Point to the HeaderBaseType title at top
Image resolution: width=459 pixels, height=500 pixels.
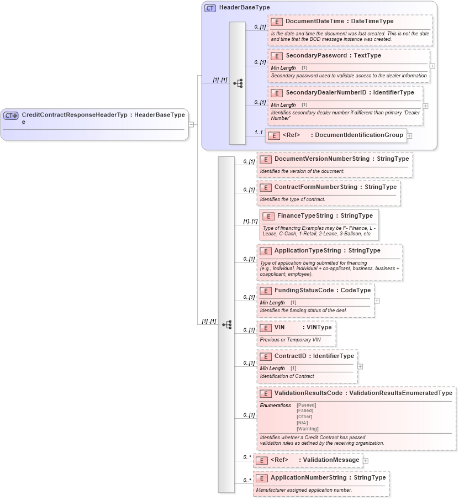pyautogui.click(x=244, y=8)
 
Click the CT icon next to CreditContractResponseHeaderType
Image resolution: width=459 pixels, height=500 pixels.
pyautogui.click(x=11, y=115)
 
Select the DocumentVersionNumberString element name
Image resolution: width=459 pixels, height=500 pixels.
pyautogui.click(x=321, y=159)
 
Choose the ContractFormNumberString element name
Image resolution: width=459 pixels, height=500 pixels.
pyautogui.click(x=315, y=187)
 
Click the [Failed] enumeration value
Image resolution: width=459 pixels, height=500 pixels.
pyautogui.click(x=304, y=410)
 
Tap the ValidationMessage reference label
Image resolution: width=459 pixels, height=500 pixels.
pyautogui.click(x=329, y=460)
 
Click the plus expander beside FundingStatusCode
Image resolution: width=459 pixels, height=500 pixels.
pyautogui.click(x=377, y=301)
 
